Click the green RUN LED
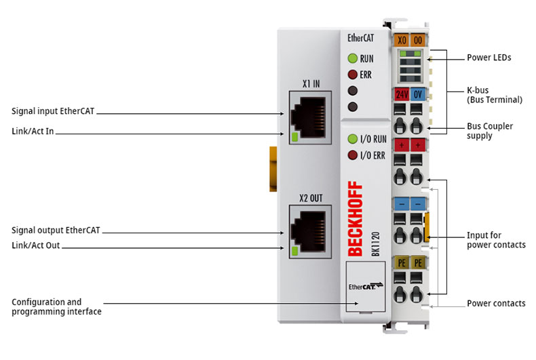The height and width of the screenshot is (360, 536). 352,58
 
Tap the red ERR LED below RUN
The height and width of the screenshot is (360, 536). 352,75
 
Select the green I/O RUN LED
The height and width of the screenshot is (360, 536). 352,140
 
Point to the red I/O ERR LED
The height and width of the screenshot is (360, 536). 352,155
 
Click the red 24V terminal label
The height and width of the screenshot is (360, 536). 402,94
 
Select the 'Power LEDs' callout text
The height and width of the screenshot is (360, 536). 489,58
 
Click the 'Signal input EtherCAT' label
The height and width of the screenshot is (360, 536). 53,111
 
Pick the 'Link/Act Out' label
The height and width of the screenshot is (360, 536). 36,246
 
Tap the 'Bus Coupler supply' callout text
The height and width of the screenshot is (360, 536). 490,131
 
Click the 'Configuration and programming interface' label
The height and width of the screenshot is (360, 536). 56,306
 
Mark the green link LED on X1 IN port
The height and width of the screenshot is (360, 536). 294,138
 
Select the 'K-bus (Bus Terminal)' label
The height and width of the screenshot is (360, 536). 495,95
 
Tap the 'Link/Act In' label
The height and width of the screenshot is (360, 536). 33,131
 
